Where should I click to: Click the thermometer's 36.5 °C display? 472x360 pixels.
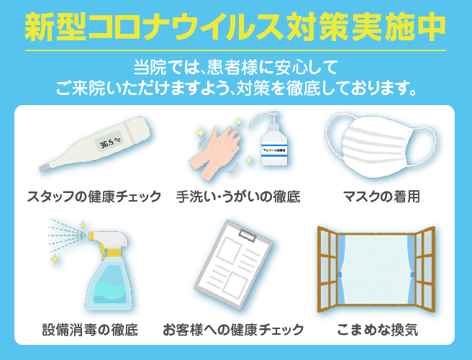(109, 142)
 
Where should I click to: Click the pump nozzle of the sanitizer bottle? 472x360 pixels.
(265, 118)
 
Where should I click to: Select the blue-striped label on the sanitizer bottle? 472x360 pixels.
(274, 150)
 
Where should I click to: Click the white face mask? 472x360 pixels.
(380, 145)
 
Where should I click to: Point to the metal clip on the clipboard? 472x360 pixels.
(248, 235)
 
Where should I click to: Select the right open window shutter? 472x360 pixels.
(425, 269)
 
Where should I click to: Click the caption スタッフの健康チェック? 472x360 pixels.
(94, 197)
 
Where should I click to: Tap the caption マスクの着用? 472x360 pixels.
(381, 197)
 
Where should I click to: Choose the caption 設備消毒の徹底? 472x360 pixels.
(90, 330)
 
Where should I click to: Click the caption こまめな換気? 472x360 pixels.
(377, 330)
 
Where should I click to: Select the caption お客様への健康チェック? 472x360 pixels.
(233, 330)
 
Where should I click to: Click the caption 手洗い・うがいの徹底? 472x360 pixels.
(238, 197)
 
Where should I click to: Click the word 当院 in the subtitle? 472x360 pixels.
(150, 68)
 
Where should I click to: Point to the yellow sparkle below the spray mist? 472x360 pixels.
(55, 258)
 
